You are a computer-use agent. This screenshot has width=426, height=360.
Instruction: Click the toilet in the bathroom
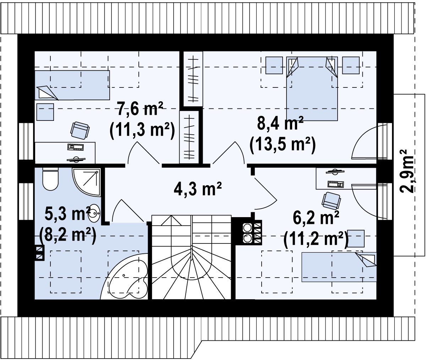tap(50, 179)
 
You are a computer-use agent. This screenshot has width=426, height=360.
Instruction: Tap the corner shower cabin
tap(87, 182)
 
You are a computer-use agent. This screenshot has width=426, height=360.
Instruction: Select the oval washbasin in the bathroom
tap(94, 213)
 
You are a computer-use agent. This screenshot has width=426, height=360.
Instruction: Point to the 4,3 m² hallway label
tap(198, 189)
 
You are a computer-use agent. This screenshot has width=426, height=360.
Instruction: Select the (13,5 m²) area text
tap(283, 145)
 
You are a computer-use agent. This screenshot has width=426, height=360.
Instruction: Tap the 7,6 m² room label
tap(140, 109)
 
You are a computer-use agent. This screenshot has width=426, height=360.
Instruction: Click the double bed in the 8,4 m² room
tap(312, 89)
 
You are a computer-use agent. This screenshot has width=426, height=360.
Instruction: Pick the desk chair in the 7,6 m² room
tap(80, 130)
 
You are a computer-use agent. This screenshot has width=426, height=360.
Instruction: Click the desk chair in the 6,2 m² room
tap(331, 201)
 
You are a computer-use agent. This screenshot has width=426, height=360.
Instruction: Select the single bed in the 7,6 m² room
tap(72, 85)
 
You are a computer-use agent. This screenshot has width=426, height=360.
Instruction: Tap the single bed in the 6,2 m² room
tap(339, 267)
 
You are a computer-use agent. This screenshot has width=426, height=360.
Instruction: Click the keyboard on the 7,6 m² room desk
tap(76, 147)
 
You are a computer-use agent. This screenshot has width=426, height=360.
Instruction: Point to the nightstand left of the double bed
tap(274, 65)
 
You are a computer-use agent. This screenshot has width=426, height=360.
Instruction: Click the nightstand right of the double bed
tap(351, 65)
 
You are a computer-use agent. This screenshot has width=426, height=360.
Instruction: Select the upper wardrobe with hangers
tap(193, 79)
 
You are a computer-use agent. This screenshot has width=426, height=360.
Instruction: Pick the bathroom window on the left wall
tap(26, 201)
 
